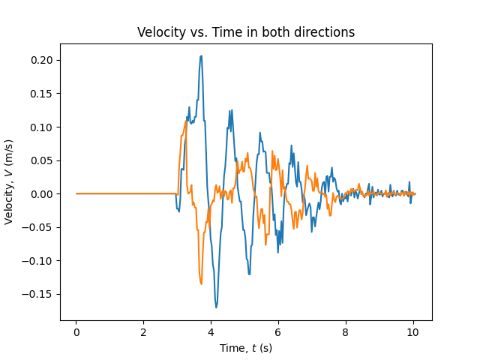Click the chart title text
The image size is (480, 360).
tap(246, 32)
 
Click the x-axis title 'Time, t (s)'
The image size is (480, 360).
tap(246, 348)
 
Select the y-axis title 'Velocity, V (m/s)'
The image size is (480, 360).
tap(10, 182)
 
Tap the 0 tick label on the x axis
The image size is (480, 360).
tap(76, 332)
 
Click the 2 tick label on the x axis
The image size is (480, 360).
tap(143, 332)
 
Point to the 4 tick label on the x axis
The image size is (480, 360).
tap(211, 332)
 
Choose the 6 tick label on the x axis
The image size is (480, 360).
tap(278, 332)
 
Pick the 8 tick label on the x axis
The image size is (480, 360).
tap(346, 332)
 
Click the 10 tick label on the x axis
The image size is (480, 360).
tap(412, 332)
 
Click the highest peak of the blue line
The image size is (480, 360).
tap(201, 55)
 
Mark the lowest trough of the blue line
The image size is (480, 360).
tap(216, 307)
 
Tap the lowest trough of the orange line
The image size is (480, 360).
tap(201, 283)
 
